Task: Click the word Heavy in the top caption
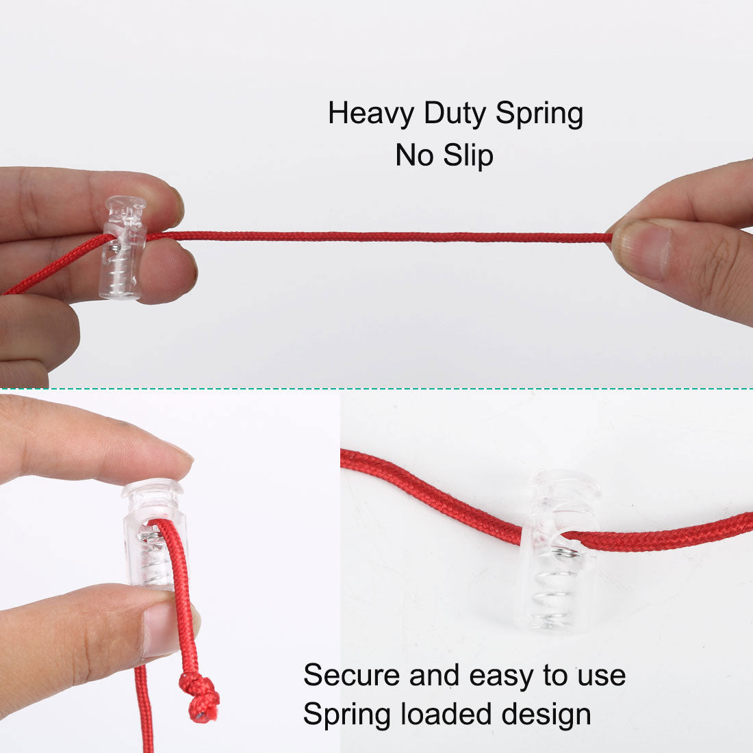click(x=371, y=114)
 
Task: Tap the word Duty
click(x=455, y=114)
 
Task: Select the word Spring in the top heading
click(x=539, y=114)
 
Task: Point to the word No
click(x=414, y=155)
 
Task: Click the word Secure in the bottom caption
click(x=352, y=675)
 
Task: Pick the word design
click(x=546, y=715)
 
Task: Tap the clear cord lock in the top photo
click(x=123, y=247)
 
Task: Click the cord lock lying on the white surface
click(x=561, y=550)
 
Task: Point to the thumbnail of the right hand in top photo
click(x=641, y=249)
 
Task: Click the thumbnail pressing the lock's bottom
click(x=168, y=628)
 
